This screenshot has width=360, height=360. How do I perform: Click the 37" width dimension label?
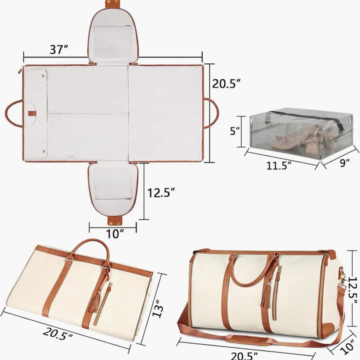pos(59,49)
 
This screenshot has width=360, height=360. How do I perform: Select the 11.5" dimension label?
pos(278,166)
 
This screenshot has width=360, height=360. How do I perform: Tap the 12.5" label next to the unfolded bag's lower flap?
pos(161,192)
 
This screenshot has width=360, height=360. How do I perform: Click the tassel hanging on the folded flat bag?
pos(95,300)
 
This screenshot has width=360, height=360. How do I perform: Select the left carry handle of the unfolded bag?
pos(13,113)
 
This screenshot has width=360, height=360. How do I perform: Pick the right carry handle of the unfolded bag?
pos(212,113)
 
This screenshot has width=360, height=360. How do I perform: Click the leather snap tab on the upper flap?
pos(113,4)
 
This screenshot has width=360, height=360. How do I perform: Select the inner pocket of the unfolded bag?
pos(35,112)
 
